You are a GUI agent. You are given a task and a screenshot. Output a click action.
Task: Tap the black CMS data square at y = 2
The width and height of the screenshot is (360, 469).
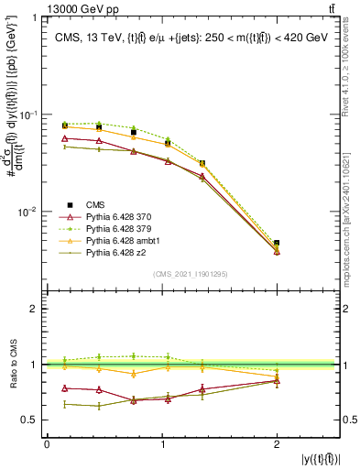(x=277, y=244)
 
